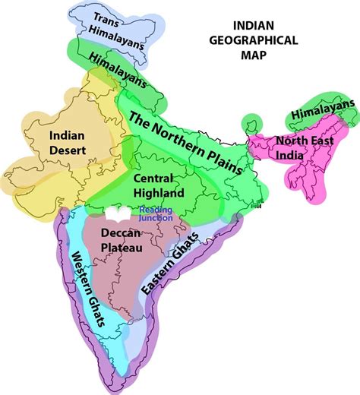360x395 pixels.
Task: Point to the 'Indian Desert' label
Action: point(67,142)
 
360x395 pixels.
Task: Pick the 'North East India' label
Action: point(303,148)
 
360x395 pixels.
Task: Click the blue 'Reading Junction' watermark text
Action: point(156,214)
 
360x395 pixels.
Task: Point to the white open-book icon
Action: point(122,213)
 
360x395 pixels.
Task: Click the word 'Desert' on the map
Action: point(67,150)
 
